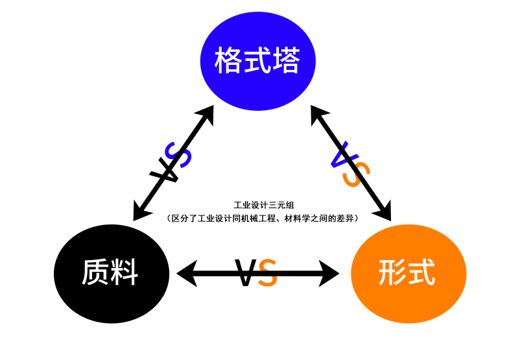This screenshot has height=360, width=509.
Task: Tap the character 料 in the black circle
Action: pyautogui.click(x=124, y=272)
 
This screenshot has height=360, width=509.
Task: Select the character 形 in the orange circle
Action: pyautogui.click(x=393, y=272)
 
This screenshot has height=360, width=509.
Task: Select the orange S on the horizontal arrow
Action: pyautogui.click(x=268, y=273)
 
